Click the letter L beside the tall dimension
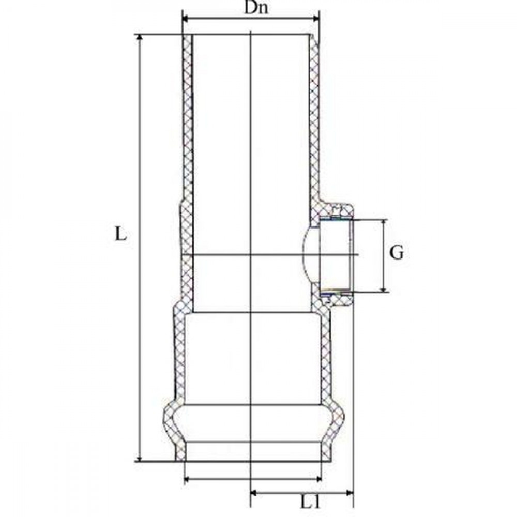click(x=120, y=234)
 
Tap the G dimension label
click(x=397, y=253)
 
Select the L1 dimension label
click(x=310, y=503)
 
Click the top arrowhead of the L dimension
click(x=140, y=38)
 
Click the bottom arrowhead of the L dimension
click(x=140, y=458)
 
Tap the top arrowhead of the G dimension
click(x=383, y=223)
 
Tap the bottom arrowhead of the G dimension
click(x=383, y=289)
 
